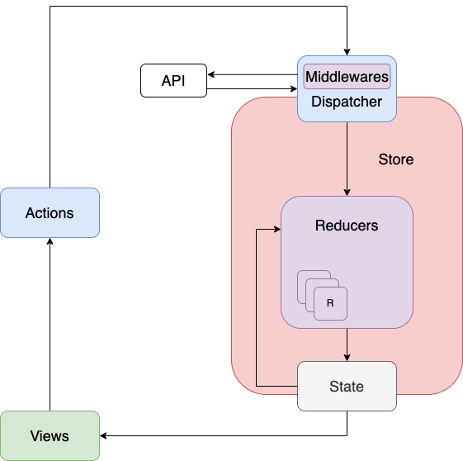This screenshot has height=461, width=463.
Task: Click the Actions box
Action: [50, 213]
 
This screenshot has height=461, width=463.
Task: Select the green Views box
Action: [50, 435]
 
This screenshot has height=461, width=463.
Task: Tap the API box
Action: [173, 81]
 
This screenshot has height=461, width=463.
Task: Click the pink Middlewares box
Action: [347, 77]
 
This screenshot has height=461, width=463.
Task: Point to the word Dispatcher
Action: [347, 102]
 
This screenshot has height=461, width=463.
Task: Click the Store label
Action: [396, 159]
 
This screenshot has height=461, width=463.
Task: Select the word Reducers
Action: [347, 226]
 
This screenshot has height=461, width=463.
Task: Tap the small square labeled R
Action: [330, 303]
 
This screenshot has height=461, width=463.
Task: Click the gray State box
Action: [347, 387]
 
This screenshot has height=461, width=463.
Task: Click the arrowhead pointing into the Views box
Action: [105, 435]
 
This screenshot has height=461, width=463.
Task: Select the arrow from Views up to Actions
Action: [50, 330]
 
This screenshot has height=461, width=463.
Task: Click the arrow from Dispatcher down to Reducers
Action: [347, 157]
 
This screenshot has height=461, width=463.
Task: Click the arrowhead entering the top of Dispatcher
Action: [347, 50]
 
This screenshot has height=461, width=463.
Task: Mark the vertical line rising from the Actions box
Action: [50, 99]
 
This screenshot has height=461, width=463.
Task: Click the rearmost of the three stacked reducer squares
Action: [301, 274]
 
